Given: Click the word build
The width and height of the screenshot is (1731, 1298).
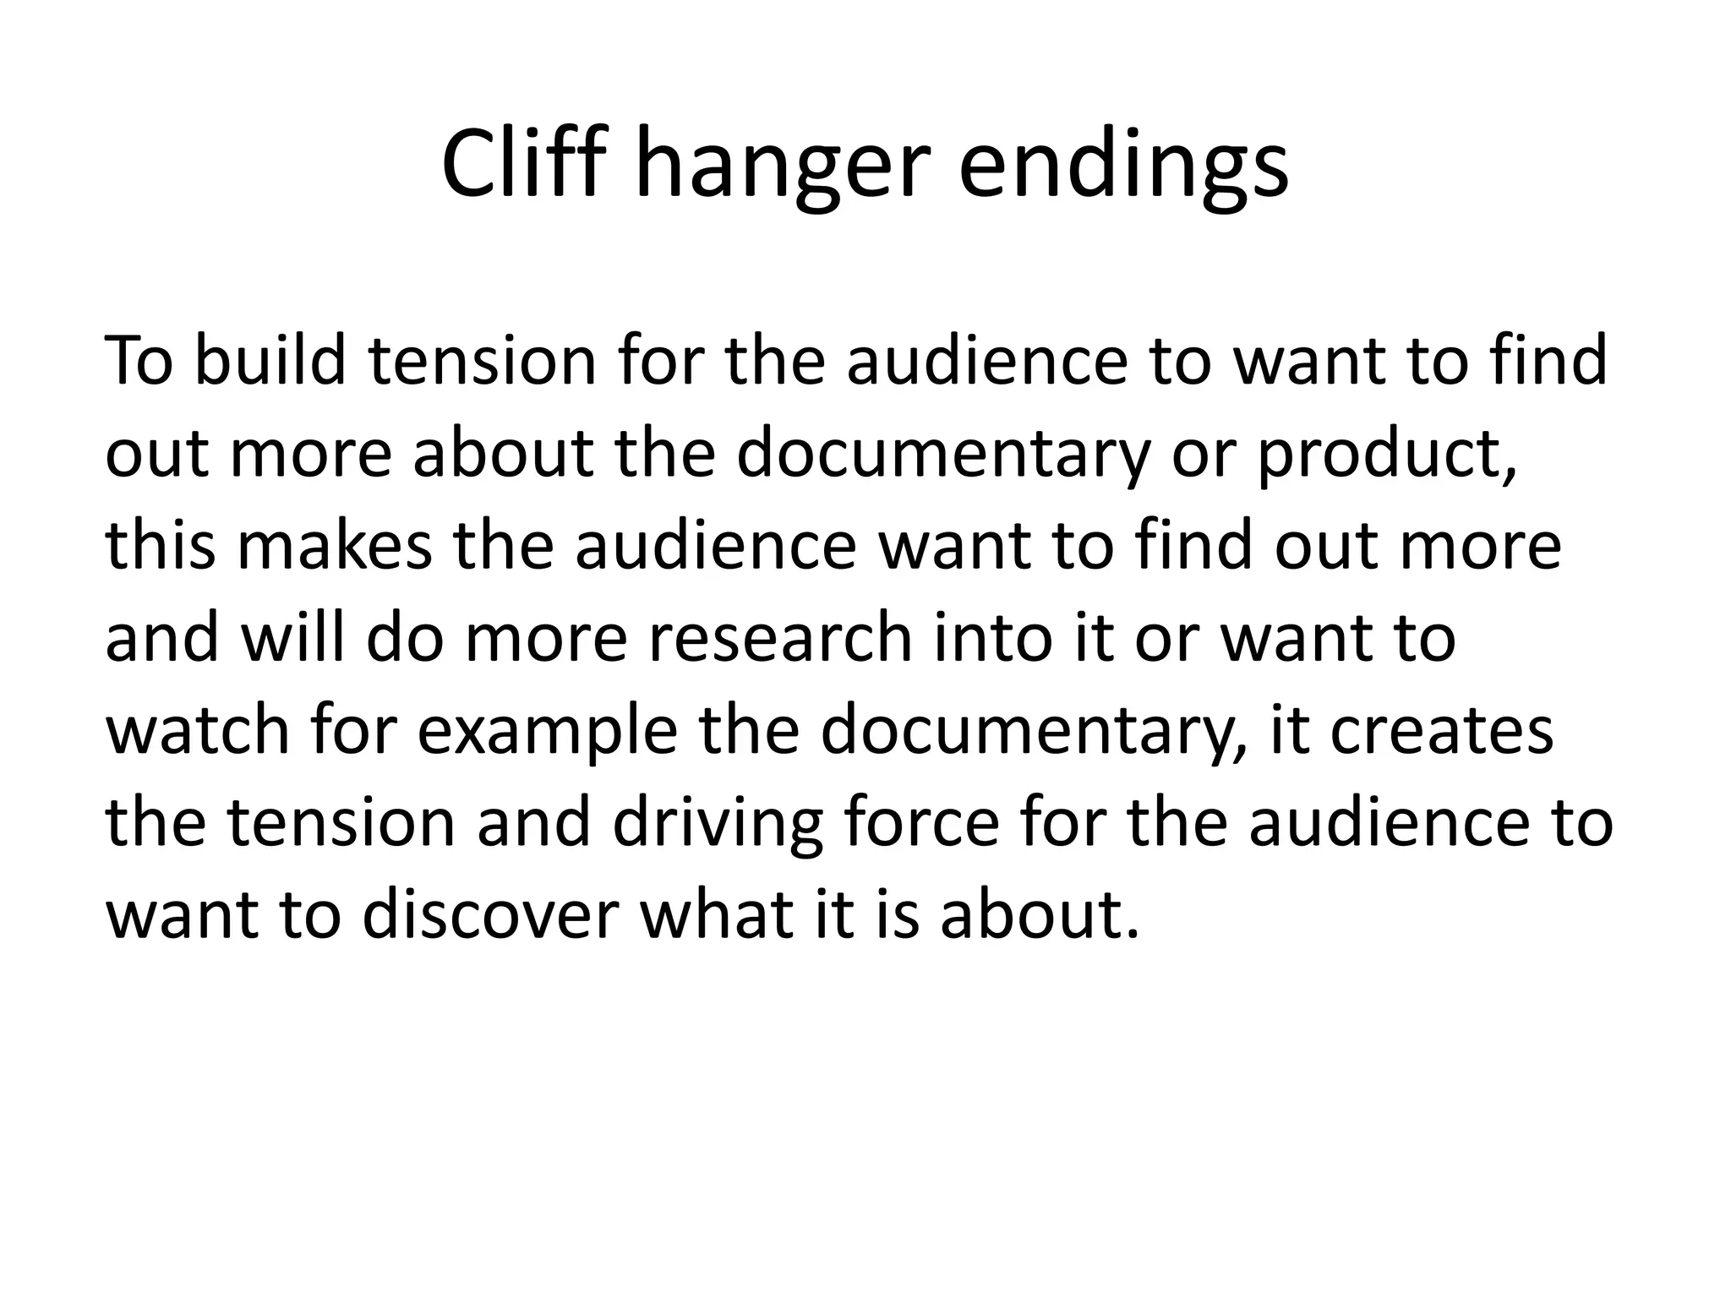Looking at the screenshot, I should click(x=270, y=361).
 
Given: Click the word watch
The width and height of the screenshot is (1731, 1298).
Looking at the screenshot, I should click(x=199, y=730).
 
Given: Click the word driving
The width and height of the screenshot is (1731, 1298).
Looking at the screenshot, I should click(x=718, y=823).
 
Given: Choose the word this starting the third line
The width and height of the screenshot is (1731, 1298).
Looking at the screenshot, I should click(x=161, y=546).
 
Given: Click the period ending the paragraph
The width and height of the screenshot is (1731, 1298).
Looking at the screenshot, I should click(x=1133, y=934).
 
